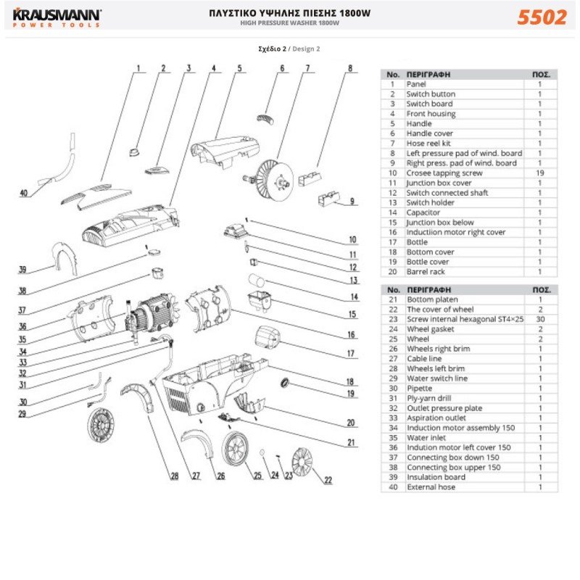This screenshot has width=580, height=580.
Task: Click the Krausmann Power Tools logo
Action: tap(55, 17)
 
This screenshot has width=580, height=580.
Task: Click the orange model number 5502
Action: tap(542, 17)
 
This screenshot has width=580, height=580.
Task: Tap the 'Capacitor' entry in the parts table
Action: tap(425, 212)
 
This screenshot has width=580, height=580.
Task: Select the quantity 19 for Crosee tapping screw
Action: tap(539, 173)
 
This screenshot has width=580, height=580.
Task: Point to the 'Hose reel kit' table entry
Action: tap(433, 144)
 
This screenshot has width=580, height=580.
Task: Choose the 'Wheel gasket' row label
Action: tap(433, 328)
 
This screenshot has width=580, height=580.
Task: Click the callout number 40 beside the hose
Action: tap(24, 194)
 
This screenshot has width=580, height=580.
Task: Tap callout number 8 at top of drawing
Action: tap(349, 69)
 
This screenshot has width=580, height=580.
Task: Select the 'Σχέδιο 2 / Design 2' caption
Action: tap(289, 49)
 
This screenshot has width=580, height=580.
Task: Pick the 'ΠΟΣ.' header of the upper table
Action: tap(540, 74)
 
